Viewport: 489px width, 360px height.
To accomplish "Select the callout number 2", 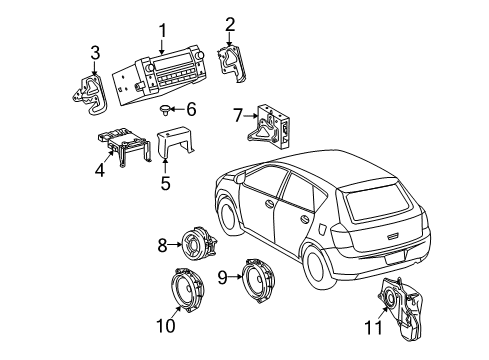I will (x=230, y=24).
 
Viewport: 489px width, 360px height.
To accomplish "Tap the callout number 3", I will (x=95, y=52).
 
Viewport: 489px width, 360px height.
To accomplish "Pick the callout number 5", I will (x=165, y=183).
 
